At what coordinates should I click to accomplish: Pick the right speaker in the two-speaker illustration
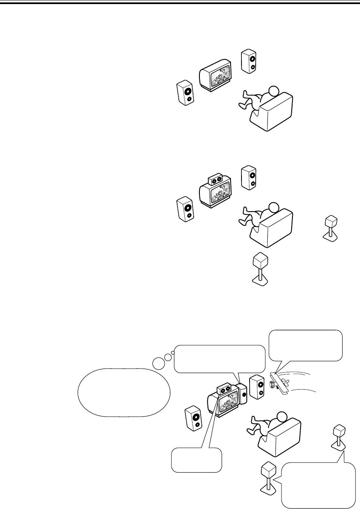click(248, 62)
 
